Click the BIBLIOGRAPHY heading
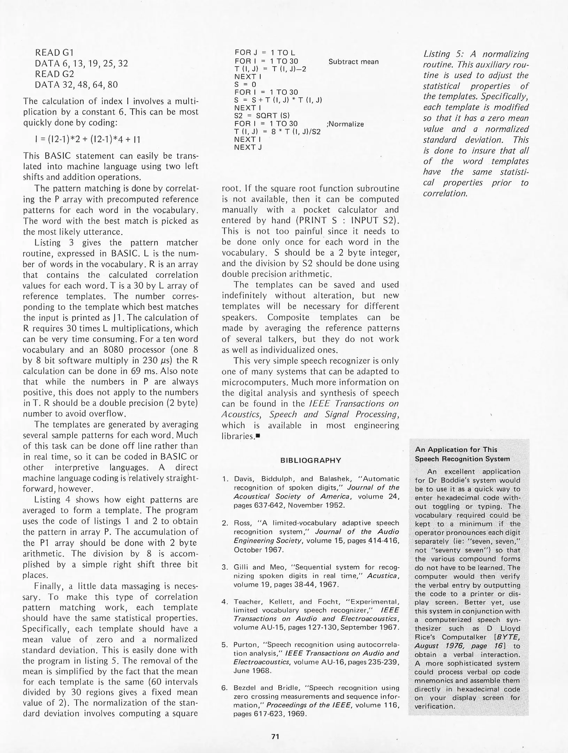click(x=310, y=460)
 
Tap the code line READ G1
click(x=54, y=53)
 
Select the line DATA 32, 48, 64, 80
click(x=76, y=85)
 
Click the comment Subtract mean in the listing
click(x=353, y=62)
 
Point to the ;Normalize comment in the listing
click(x=345, y=124)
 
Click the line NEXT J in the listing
click(x=248, y=147)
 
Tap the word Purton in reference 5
click(x=245, y=645)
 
